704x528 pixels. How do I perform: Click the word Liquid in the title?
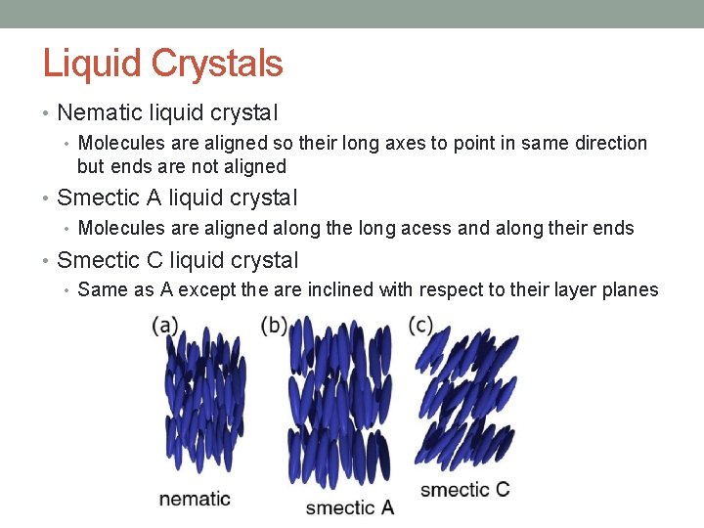[x=85, y=65]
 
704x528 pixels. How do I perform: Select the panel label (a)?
[x=165, y=326]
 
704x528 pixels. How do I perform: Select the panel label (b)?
[x=275, y=326]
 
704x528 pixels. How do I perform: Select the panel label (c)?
[x=421, y=326]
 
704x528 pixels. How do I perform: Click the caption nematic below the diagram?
[x=195, y=499]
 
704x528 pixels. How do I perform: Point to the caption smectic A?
[x=349, y=506]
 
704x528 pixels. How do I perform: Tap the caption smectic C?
[x=464, y=489]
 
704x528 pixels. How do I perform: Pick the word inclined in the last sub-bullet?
[x=375, y=289]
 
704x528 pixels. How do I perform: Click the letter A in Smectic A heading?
[x=154, y=198]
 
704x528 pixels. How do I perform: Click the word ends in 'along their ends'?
[x=614, y=228]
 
